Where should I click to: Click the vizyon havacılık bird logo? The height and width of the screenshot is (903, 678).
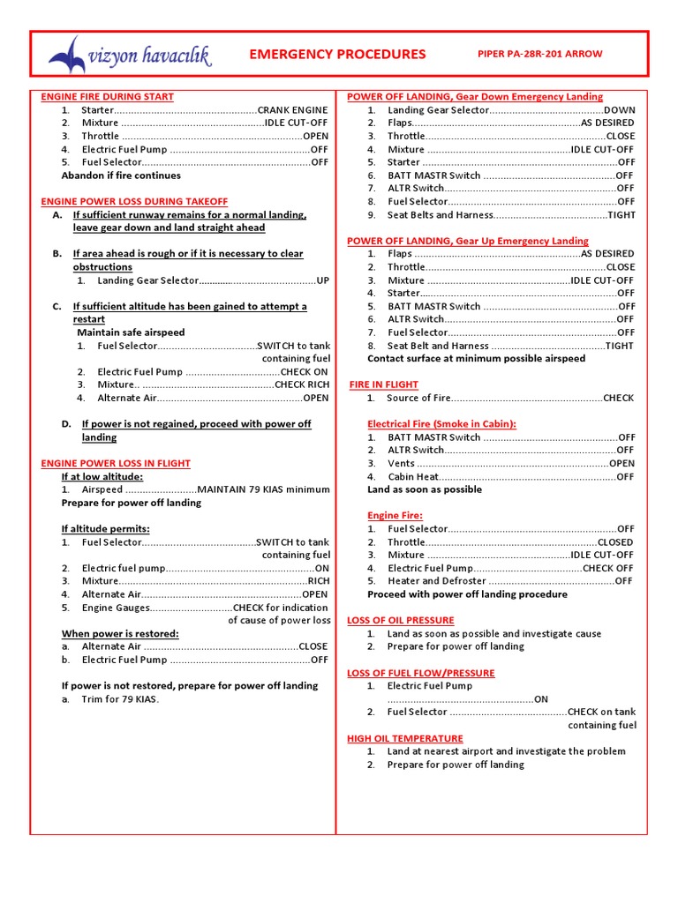(68, 56)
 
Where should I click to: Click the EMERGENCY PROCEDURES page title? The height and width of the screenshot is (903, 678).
(337, 55)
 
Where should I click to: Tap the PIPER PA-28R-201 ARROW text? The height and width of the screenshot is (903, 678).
(539, 55)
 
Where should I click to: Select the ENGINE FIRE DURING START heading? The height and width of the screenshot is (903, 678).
(107, 97)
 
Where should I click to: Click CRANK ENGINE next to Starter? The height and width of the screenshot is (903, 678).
(292, 110)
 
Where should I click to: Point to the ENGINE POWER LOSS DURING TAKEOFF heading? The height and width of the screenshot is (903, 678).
(134, 202)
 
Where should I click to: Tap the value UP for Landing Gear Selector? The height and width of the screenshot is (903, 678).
(322, 280)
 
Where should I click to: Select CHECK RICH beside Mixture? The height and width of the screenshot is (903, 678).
(301, 385)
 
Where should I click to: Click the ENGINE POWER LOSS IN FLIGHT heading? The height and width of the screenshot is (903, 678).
(116, 464)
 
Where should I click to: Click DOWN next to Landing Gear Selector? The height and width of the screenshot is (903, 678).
(619, 110)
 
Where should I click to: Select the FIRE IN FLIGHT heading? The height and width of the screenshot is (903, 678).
(384, 385)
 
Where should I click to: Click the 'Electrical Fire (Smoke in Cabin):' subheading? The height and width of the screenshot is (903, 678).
(441, 424)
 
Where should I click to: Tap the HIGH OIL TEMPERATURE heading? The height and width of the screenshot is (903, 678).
(404, 739)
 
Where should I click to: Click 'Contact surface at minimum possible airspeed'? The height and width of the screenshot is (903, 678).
(476, 359)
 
